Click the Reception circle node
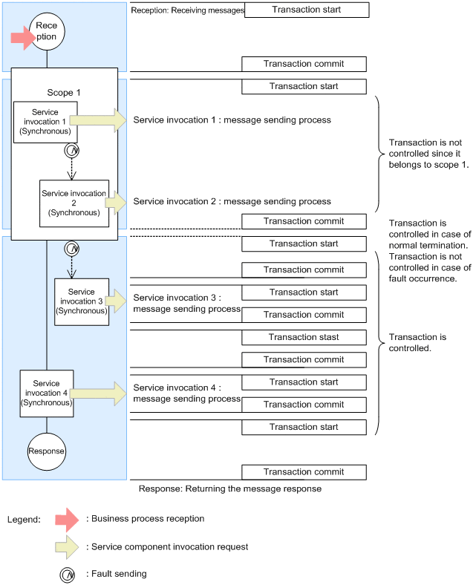[x=46, y=31]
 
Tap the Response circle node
[x=46, y=451]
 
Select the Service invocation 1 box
[x=45, y=122]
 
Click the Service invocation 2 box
[x=74, y=202]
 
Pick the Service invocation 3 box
[x=81, y=301]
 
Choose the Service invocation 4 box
[x=46, y=393]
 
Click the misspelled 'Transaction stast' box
[x=304, y=337]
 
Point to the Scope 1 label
[x=63, y=93]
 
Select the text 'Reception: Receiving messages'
[x=186, y=10]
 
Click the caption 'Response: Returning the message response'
[x=230, y=489]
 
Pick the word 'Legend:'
[x=25, y=520]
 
